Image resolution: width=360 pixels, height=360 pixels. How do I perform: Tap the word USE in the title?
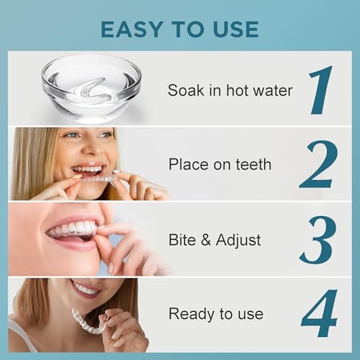pyautogui.click(x=235, y=30)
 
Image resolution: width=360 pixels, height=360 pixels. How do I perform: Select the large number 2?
pyautogui.click(x=319, y=164)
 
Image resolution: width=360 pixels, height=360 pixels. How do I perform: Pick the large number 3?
pyautogui.click(x=318, y=240)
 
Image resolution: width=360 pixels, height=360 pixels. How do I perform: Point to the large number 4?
pyautogui.click(x=319, y=313)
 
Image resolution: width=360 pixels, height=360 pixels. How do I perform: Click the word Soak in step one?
pyautogui.click(x=186, y=91)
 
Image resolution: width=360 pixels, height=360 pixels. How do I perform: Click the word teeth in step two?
pyautogui.click(x=253, y=164)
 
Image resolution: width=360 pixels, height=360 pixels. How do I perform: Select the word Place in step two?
pyautogui.click(x=189, y=164)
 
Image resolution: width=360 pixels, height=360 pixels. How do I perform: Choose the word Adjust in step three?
pyautogui.click(x=238, y=240)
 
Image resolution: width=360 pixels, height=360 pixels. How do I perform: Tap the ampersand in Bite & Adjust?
pyautogui.click(x=206, y=240)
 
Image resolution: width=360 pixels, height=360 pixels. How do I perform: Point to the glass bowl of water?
pyautogui.click(x=91, y=88)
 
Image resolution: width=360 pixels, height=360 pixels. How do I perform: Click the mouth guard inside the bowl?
pyautogui.click(x=90, y=90)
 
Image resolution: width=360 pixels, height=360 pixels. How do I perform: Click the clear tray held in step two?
pyautogui.click(x=99, y=179)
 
